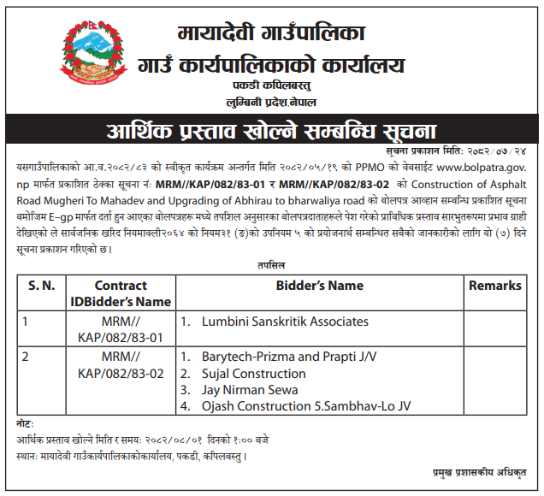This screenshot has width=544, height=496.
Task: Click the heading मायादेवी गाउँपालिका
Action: click(x=272, y=34)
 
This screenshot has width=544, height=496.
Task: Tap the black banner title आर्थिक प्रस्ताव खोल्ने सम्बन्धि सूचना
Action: click(x=271, y=131)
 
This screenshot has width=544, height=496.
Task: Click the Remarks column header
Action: click(x=494, y=286)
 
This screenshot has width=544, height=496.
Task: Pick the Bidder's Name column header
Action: click(x=319, y=286)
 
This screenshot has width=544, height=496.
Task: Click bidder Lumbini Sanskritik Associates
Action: click(x=285, y=322)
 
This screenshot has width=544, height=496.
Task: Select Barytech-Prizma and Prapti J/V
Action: click(x=289, y=356)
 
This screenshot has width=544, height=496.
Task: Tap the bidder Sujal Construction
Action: click(x=253, y=373)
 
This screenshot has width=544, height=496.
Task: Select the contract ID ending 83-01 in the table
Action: click(x=121, y=330)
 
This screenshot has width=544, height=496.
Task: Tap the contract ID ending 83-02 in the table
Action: click(x=121, y=364)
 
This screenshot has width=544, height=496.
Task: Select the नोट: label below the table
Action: click(x=27, y=424)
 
